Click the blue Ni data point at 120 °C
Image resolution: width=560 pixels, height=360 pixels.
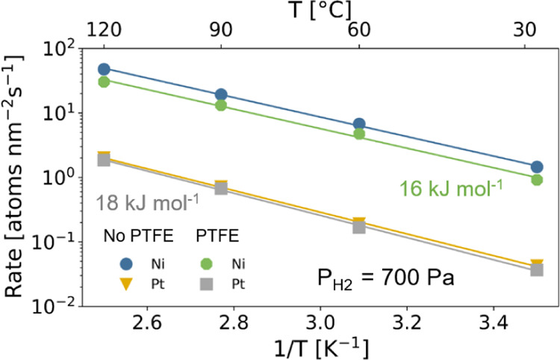(105, 69)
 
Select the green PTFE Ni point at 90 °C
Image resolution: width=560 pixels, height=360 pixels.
(221, 105)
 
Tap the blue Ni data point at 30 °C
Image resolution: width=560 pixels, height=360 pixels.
(537, 167)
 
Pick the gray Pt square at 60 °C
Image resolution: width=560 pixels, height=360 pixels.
(359, 226)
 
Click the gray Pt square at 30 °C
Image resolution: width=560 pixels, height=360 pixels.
(537, 270)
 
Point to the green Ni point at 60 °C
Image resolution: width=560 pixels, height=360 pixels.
(359, 134)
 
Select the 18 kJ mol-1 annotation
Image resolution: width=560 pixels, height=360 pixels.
(146, 202)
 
